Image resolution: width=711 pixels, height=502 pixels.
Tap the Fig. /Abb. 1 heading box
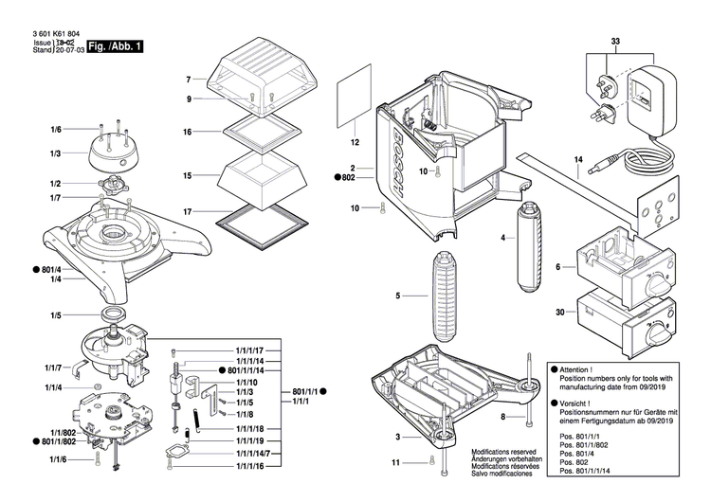point(116,46)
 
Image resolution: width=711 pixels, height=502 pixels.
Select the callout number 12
point(355,143)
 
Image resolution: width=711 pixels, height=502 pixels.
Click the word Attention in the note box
point(576,369)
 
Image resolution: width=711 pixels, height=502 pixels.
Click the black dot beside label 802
point(337,177)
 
